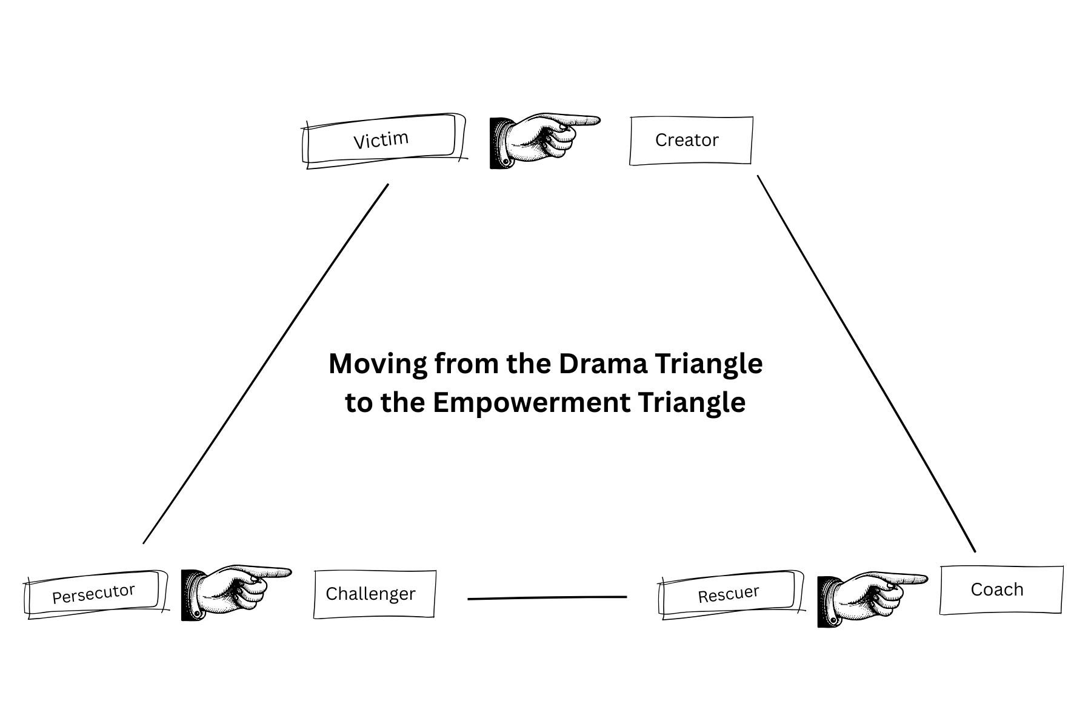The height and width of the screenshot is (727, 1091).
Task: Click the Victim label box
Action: click(381, 139)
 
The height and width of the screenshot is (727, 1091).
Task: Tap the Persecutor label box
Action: click(94, 593)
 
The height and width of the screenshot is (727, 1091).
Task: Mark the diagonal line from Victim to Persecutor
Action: click(265, 363)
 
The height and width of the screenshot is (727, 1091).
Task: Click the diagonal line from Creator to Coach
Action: click(867, 363)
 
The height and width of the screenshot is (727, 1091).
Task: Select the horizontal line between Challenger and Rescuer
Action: click(547, 598)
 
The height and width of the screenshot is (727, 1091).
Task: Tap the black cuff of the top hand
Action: click(498, 142)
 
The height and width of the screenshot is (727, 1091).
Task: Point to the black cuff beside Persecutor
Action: click(190, 595)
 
